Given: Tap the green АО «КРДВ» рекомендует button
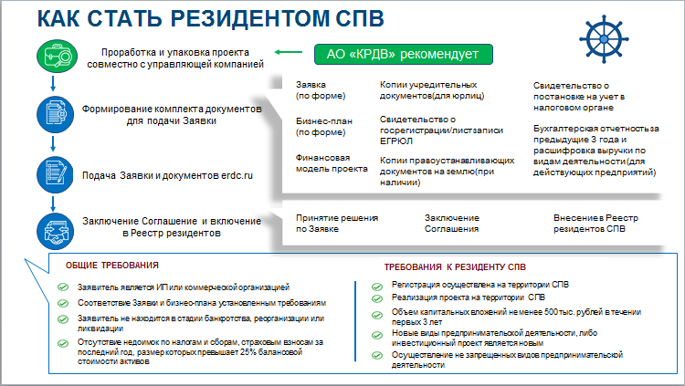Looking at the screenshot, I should tap(404, 55).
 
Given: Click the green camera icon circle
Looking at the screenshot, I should tap(54, 57).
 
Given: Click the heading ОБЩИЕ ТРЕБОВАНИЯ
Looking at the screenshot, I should tap(112, 265).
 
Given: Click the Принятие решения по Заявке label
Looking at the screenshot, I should tap(336, 223).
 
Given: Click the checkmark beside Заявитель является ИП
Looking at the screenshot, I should tap(61, 287).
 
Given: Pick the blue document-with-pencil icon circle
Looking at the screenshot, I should tap(54, 172).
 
